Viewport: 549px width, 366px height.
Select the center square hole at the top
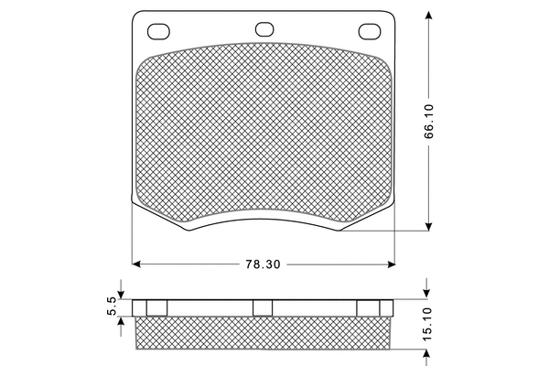264,28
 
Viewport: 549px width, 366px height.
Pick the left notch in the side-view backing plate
158,307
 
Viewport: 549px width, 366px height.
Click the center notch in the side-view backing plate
264,307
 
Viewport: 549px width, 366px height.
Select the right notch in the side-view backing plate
368,307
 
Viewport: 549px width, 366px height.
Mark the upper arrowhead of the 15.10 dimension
427,294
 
